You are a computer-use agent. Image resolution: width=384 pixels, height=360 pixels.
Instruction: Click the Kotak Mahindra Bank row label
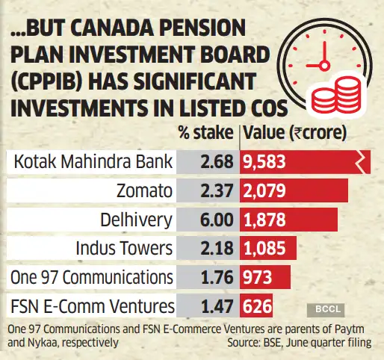tap(90, 161)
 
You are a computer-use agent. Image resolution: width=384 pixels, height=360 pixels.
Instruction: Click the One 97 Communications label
tap(90, 277)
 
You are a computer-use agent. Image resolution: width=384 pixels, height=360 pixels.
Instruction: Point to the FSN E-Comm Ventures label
tap(90, 305)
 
